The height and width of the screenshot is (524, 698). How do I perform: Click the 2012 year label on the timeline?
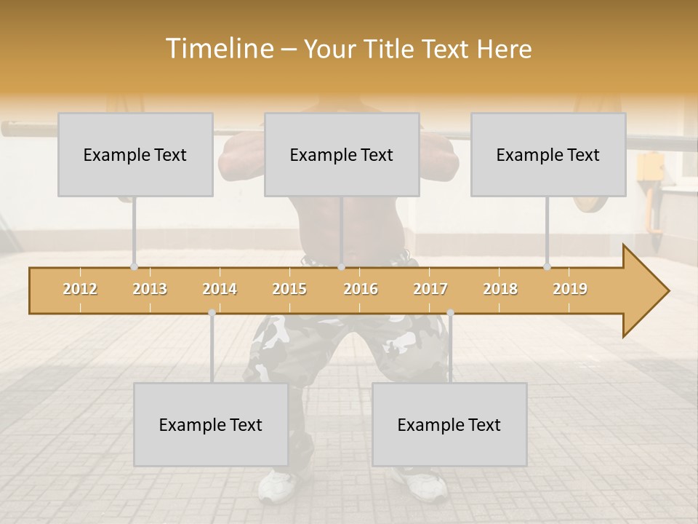tap(80, 290)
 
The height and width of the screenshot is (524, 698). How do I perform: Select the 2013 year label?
tap(150, 290)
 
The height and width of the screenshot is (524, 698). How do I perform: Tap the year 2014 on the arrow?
tap(220, 290)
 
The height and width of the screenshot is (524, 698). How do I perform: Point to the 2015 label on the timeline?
tap(289, 290)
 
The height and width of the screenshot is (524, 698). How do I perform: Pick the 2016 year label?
tap(361, 290)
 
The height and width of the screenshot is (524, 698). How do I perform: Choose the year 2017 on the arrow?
tap(430, 290)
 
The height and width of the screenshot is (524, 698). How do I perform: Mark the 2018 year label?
tap(500, 290)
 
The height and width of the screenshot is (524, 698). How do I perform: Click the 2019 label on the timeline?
tap(570, 290)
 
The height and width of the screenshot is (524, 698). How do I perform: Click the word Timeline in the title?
tap(219, 49)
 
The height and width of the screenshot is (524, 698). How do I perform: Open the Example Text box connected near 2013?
tap(135, 154)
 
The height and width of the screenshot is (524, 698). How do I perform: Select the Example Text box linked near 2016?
tap(342, 154)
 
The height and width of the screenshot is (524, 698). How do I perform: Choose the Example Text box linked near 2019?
tap(548, 154)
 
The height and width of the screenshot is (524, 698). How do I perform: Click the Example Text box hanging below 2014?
tap(211, 424)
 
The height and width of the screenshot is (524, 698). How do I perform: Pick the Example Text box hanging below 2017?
tap(449, 424)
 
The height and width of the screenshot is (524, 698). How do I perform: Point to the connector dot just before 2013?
tap(134, 266)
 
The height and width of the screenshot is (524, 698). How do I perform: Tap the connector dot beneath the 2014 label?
tap(212, 313)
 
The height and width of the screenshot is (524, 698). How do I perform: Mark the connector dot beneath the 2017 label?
tap(450, 313)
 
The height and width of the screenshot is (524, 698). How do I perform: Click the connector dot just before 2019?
tap(547, 266)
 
